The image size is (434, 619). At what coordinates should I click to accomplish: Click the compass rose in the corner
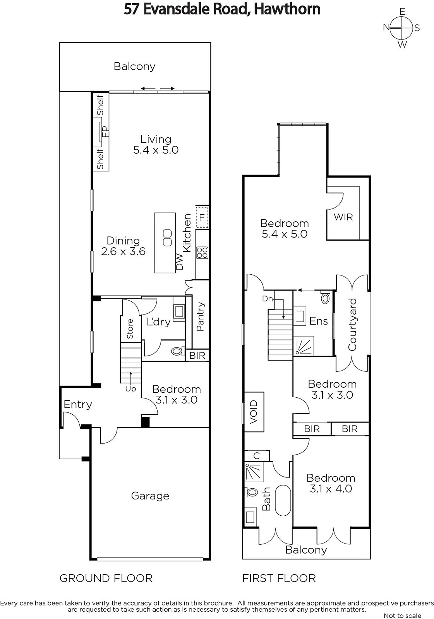tap(401, 28)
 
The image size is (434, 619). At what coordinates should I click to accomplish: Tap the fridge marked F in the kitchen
tap(202, 217)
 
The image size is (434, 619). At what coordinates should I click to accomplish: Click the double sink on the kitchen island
tap(167, 238)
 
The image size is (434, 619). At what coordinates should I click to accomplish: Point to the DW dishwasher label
tap(180, 262)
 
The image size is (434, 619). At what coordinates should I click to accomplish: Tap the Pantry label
tap(200, 317)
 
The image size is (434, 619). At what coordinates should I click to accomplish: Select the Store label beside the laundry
tap(130, 329)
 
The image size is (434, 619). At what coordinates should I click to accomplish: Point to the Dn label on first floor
tap(268, 299)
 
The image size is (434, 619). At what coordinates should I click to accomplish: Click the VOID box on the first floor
tap(254, 412)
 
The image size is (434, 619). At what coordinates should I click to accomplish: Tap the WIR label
tap(343, 217)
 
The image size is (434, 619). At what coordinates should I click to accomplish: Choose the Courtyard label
tap(352, 325)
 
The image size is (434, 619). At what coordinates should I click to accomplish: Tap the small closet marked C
tap(257, 456)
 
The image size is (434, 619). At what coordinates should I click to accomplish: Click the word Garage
tap(150, 496)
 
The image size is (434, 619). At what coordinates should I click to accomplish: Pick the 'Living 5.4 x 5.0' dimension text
tap(156, 145)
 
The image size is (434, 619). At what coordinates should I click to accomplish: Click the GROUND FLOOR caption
tap(106, 578)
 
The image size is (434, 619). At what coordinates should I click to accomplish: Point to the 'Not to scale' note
tap(403, 616)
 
